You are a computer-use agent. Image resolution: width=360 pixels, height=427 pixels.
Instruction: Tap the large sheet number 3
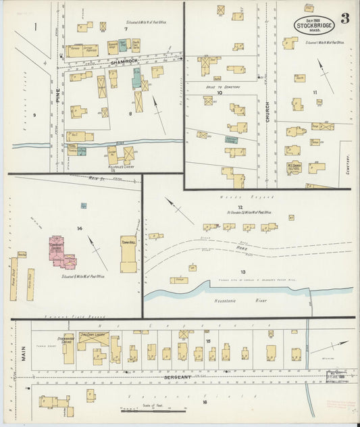345,18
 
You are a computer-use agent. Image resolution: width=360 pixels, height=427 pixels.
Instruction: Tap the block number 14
80,228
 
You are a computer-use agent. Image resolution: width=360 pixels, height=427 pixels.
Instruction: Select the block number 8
130,114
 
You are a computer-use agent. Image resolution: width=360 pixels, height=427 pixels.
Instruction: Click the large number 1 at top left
34,28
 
